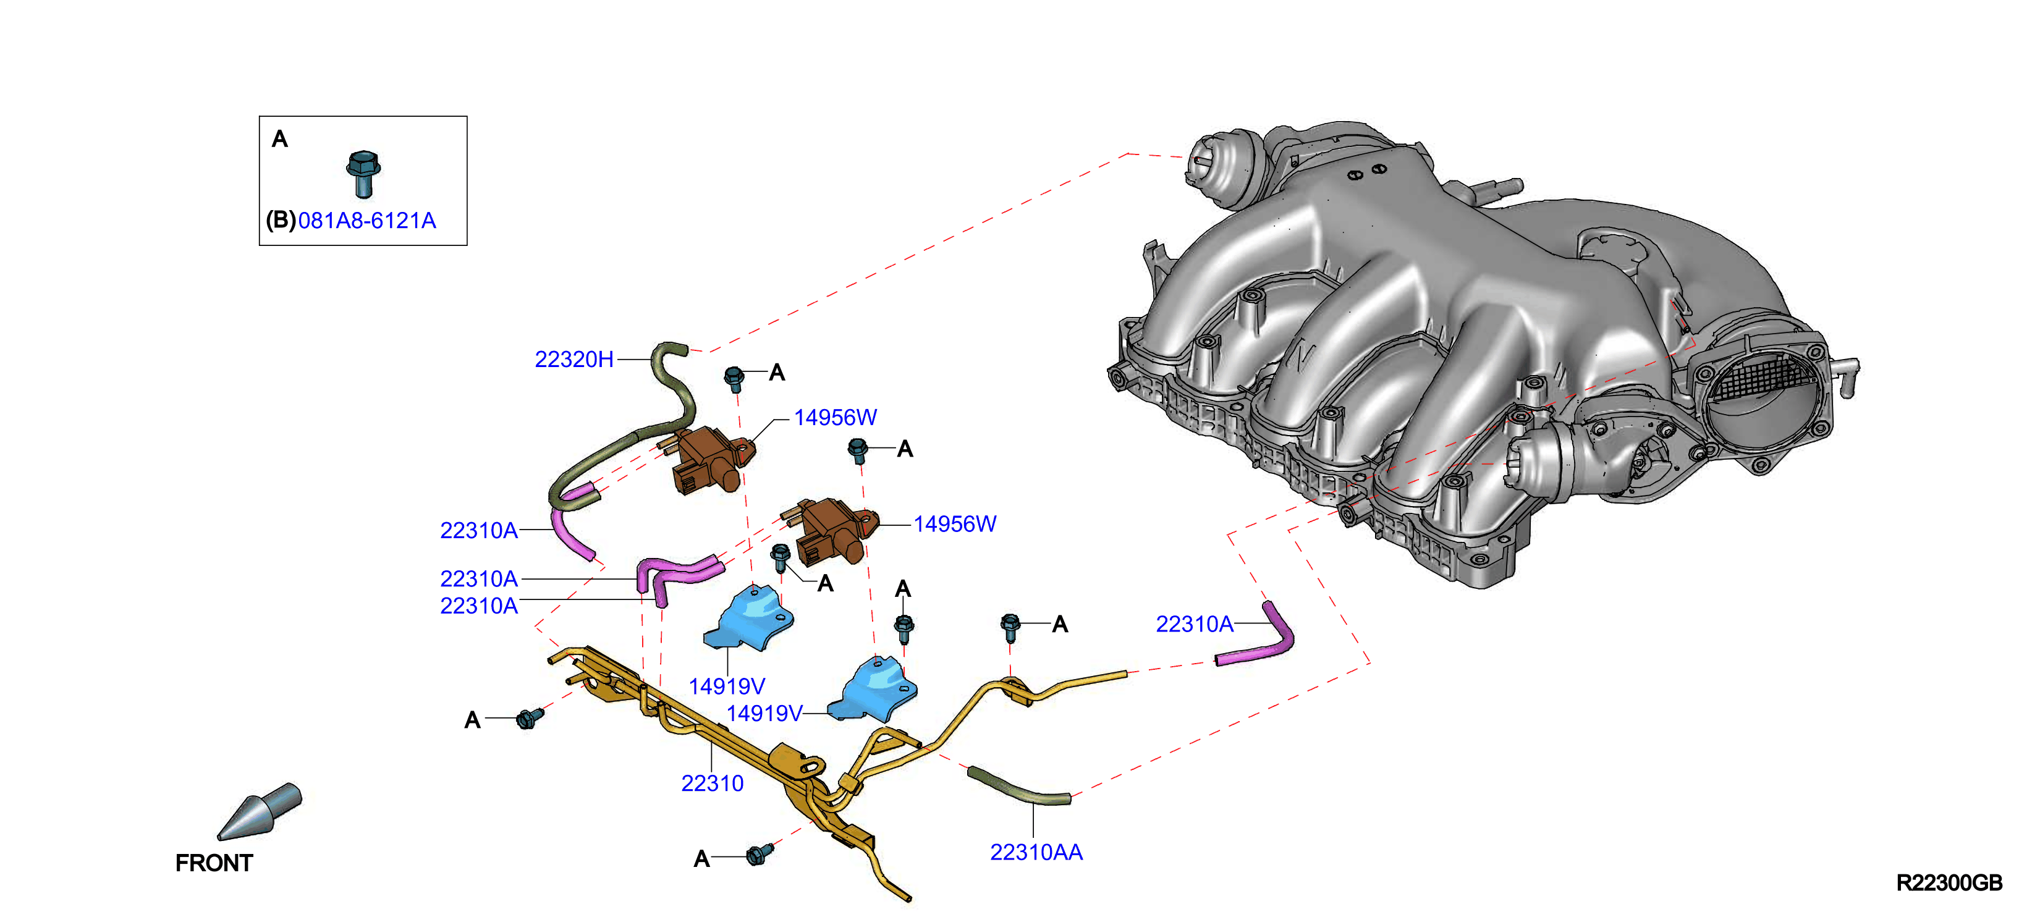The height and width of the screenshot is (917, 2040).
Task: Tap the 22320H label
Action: (x=574, y=360)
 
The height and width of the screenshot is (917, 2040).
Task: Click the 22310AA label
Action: (x=1036, y=852)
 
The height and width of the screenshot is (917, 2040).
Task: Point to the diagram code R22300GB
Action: (x=1949, y=883)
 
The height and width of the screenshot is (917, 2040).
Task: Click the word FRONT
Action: (x=214, y=863)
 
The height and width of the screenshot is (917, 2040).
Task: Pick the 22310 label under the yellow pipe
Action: (x=712, y=783)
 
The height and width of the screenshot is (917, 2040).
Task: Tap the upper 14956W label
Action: (x=836, y=417)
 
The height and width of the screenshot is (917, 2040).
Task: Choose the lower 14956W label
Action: (x=955, y=524)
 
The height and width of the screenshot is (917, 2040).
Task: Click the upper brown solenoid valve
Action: (x=709, y=459)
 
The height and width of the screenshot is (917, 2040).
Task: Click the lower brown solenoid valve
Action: (x=832, y=531)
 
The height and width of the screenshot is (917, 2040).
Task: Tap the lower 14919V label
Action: (x=764, y=714)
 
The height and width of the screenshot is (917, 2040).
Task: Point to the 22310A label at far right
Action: (x=1194, y=624)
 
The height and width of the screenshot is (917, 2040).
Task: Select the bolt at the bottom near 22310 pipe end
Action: (x=760, y=853)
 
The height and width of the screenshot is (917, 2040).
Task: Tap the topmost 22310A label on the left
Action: (x=478, y=531)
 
